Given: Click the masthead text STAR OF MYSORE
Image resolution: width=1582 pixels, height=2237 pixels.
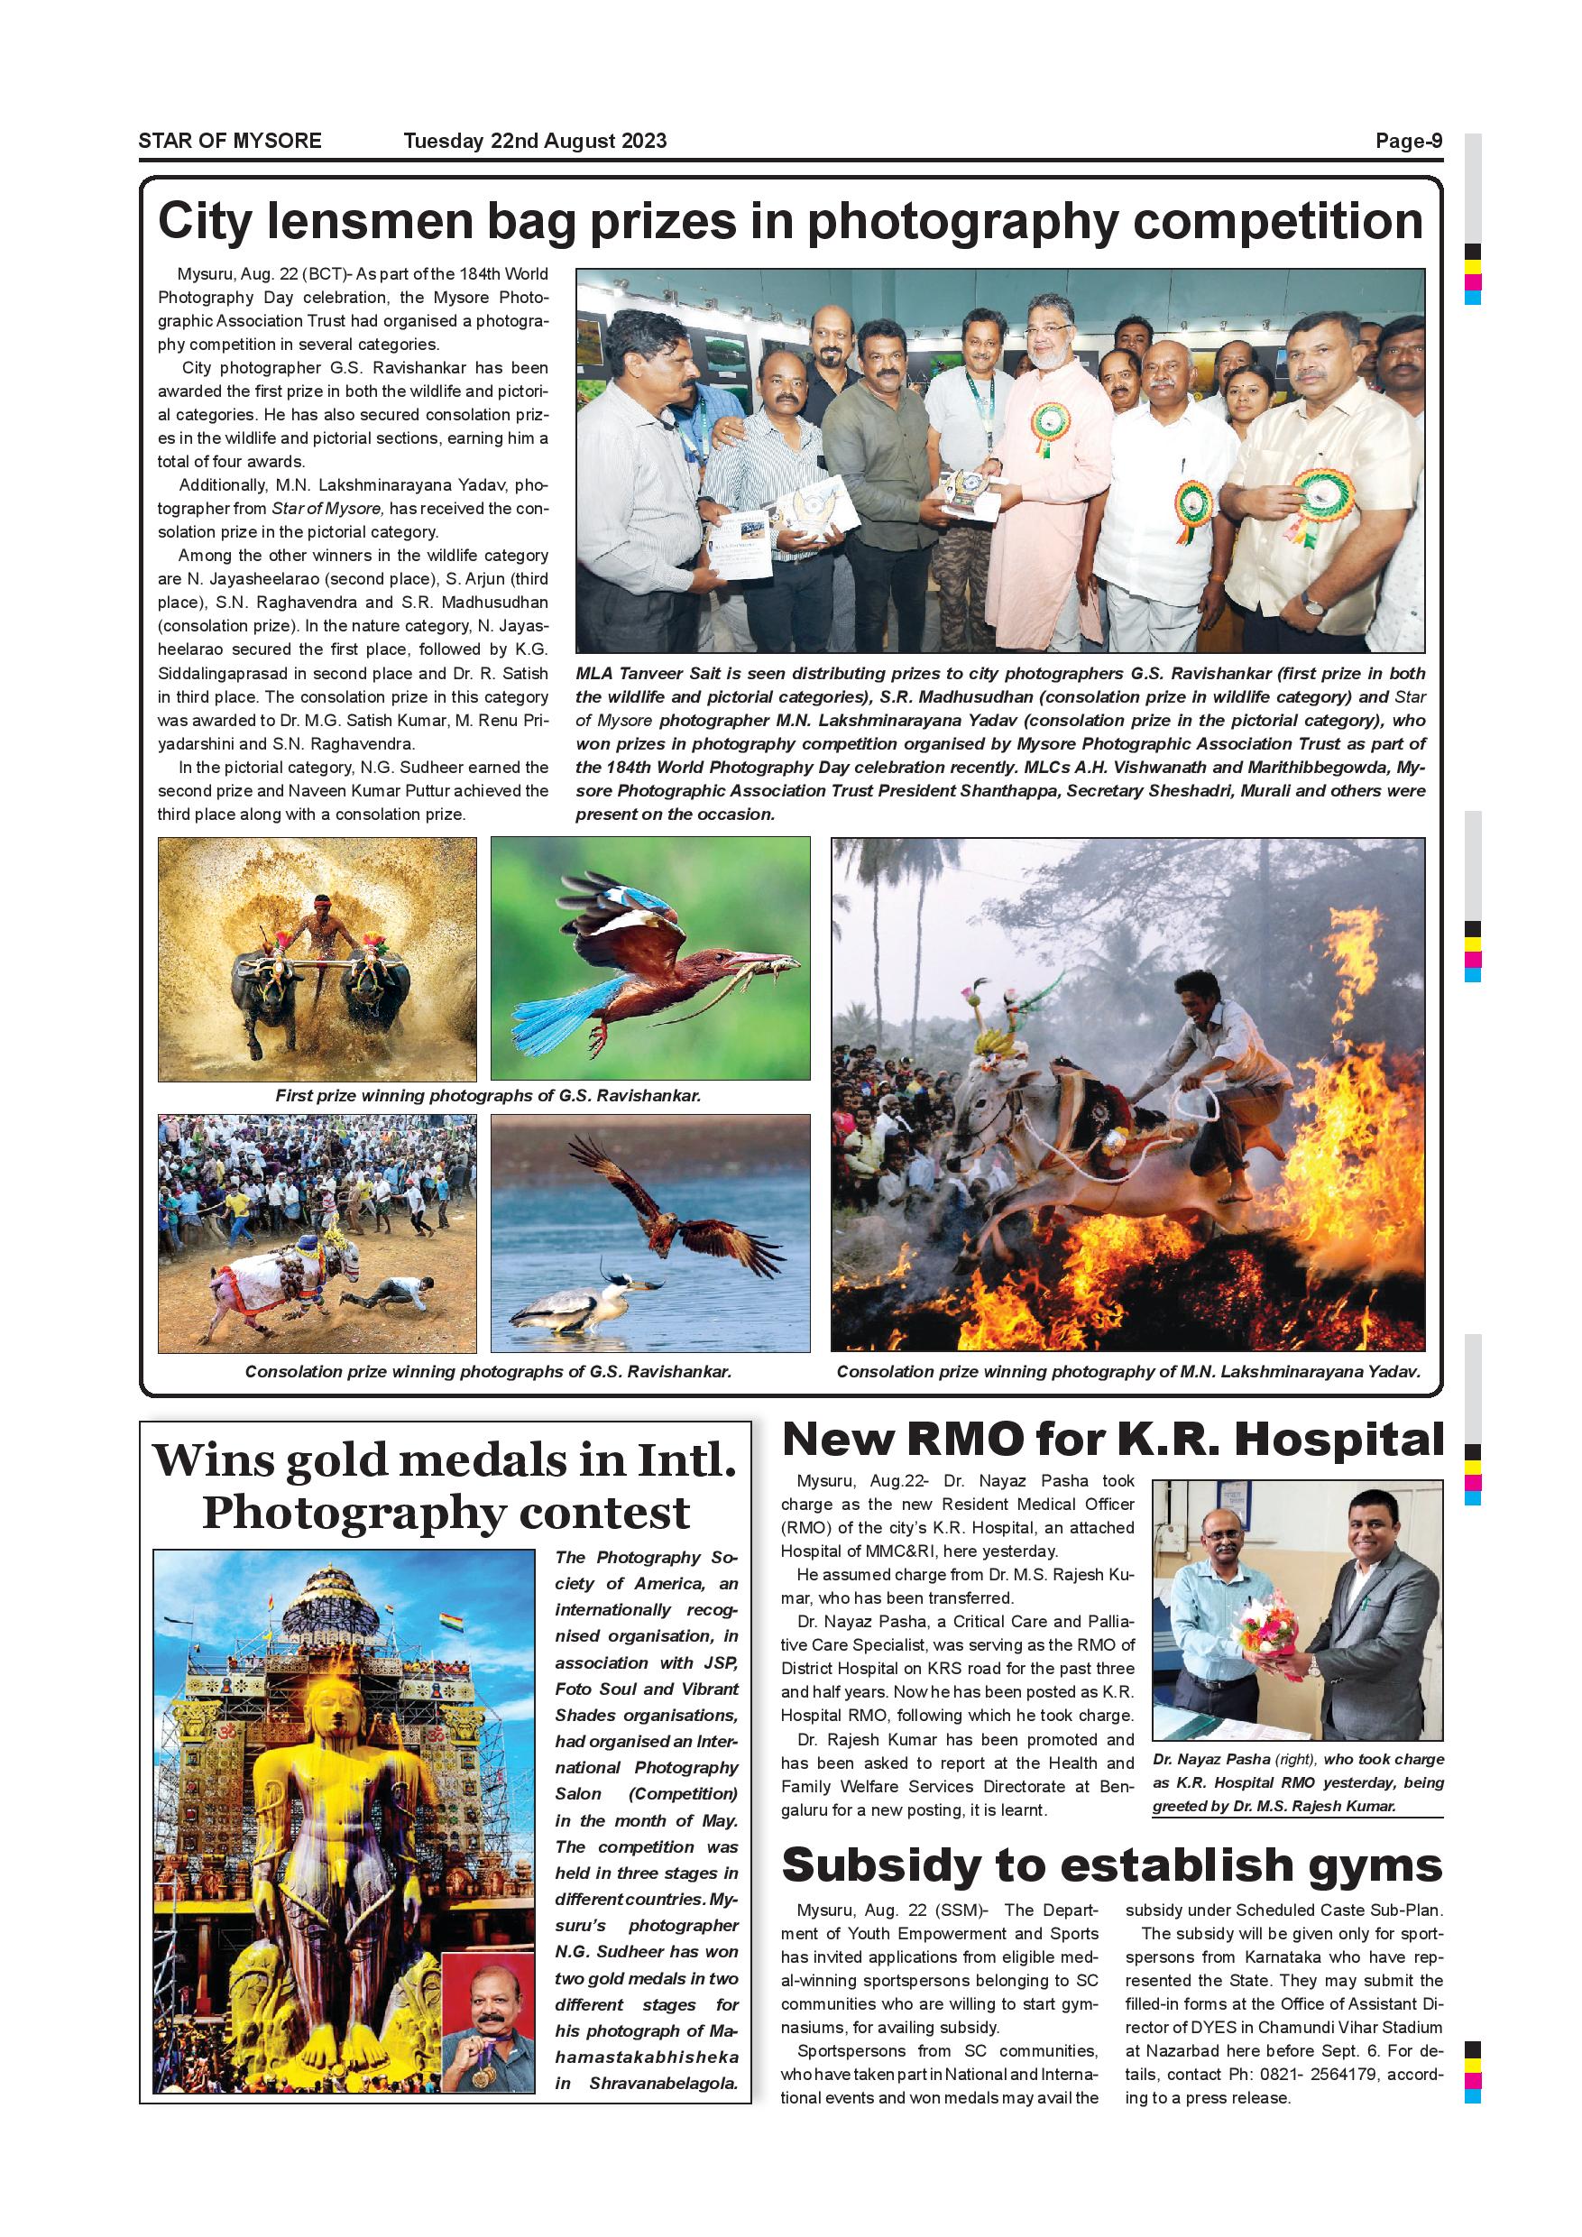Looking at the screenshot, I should pyautogui.click(x=230, y=141).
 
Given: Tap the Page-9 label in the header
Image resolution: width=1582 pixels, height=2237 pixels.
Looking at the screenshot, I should pyautogui.click(x=1408, y=141).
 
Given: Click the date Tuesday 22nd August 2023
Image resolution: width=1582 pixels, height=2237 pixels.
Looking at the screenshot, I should pyautogui.click(x=535, y=141).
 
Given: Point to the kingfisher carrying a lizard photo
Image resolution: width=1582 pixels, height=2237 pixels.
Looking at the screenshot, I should pyautogui.click(x=649, y=958).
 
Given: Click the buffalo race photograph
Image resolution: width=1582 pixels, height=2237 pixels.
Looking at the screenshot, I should pyautogui.click(x=317, y=958).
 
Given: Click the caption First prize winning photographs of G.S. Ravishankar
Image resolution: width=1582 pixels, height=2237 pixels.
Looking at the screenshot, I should pyautogui.click(x=488, y=1095).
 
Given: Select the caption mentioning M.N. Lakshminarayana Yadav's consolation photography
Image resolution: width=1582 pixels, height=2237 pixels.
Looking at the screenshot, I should pyautogui.click(x=1128, y=1372).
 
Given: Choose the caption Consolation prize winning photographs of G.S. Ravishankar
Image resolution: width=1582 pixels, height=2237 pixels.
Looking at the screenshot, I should pyautogui.click(x=488, y=1372).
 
